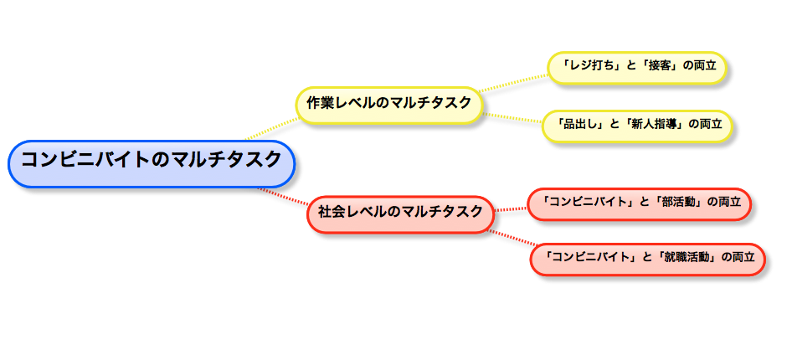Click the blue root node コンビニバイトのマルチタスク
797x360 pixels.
click(x=152, y=162)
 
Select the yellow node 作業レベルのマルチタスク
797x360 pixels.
click(x=388, y=104)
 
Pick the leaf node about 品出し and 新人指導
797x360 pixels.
click(x=638, y=125)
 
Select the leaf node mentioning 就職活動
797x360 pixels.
click(x=647, y=258)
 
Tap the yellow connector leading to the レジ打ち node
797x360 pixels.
click(x=515, y=80)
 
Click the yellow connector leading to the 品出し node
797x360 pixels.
click(x=512, y=116)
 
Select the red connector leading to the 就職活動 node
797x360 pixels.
click(x=511, y=239)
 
